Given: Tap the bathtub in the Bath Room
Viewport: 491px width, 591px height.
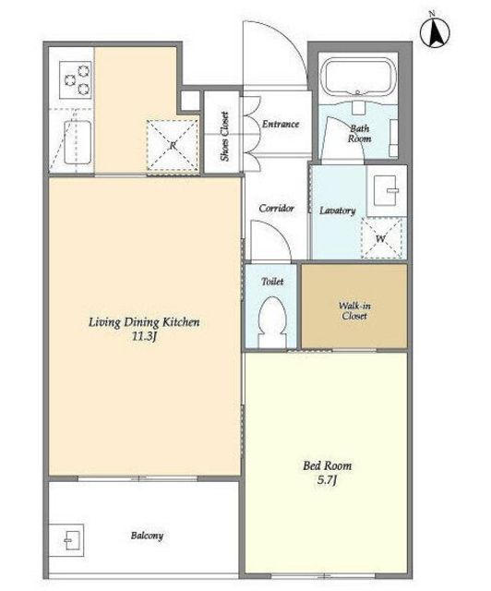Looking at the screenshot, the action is point(357,78).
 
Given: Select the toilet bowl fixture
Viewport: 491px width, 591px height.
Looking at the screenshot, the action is point(272,322).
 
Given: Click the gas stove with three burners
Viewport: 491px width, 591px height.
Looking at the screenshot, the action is point(76,80).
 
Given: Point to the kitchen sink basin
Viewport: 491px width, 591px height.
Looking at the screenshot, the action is point(77,141).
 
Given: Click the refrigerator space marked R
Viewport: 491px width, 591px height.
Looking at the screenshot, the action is point(173,146).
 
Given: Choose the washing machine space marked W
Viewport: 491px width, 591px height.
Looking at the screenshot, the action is point(382,238).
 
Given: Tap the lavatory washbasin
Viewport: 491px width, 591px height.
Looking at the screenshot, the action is point(386,191).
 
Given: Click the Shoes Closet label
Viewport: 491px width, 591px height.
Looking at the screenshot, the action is point(224,137).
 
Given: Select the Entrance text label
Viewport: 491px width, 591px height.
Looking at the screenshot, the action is point(281,124).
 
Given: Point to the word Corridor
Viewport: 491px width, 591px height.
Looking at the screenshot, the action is point(276,208).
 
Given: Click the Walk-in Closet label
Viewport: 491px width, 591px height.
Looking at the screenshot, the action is point(354,311).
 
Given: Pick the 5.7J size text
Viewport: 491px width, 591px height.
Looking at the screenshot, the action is point(327,480).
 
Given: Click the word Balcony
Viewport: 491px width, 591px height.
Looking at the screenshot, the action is point(147,536).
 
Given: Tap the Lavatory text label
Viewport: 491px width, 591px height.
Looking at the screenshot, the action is point(337,211).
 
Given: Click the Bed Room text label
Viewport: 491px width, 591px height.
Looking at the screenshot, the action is point(327,465).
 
